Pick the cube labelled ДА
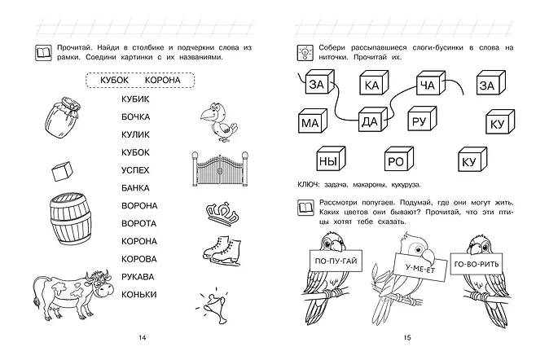tap(370, 123)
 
